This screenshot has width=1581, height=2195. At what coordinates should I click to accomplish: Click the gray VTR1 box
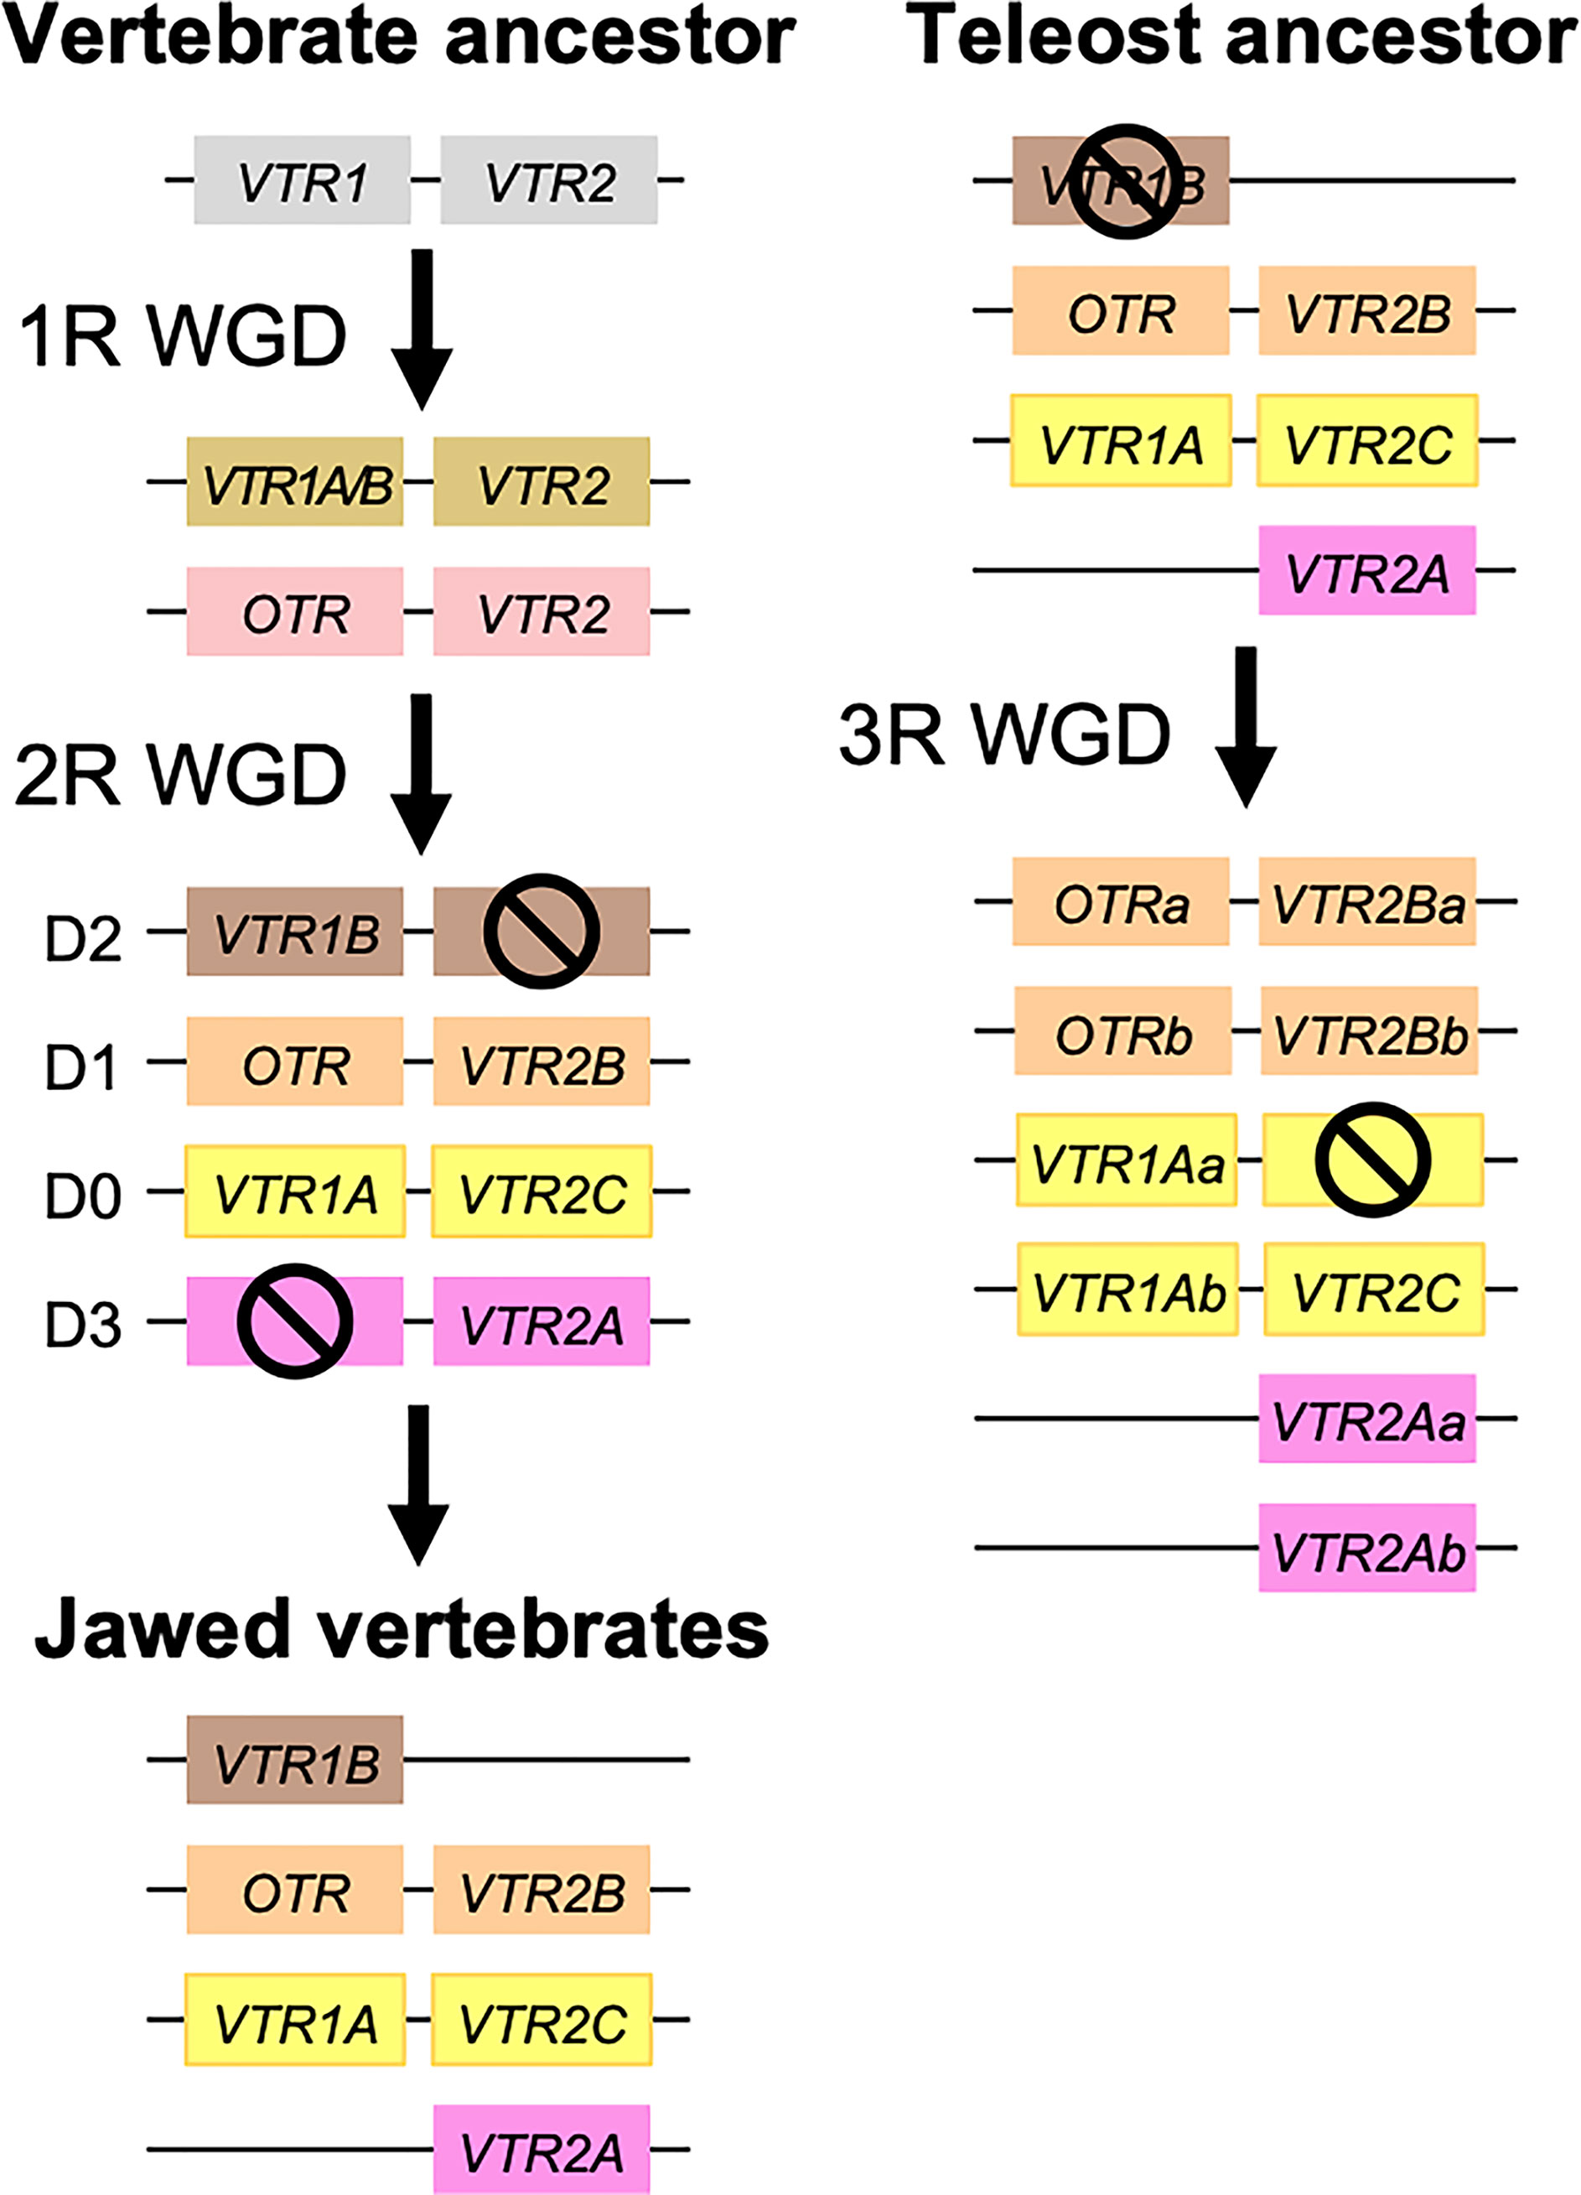(x=302, y=180)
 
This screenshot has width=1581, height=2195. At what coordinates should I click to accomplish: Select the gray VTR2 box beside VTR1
(x=548, y=180)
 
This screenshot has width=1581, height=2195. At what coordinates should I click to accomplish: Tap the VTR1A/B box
(x=295, y=482)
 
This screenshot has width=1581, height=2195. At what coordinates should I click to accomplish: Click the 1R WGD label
(x=182, y=337)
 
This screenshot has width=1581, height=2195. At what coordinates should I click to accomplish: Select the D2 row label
(x=83, y=937)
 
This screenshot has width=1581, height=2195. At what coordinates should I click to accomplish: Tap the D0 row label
(x=83, y=1196)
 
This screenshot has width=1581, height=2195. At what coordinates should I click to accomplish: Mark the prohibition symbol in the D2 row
(x=541, y=931)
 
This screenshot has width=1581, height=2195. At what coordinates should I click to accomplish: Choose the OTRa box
(x=1121, y=901)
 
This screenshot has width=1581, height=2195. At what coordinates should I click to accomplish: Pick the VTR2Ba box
(x=1367, y=901)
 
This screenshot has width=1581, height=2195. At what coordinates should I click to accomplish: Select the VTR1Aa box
(x=1127, y=1160)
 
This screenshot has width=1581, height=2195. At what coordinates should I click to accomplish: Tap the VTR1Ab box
(x=1127, y=1289)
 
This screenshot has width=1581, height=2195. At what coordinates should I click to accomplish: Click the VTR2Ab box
(x=1367, y=1548)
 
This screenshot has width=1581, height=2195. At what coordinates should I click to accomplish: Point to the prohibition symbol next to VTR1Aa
(x=1373, y=1160)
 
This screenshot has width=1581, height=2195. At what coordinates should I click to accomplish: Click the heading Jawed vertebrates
(x=401, y=1629)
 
